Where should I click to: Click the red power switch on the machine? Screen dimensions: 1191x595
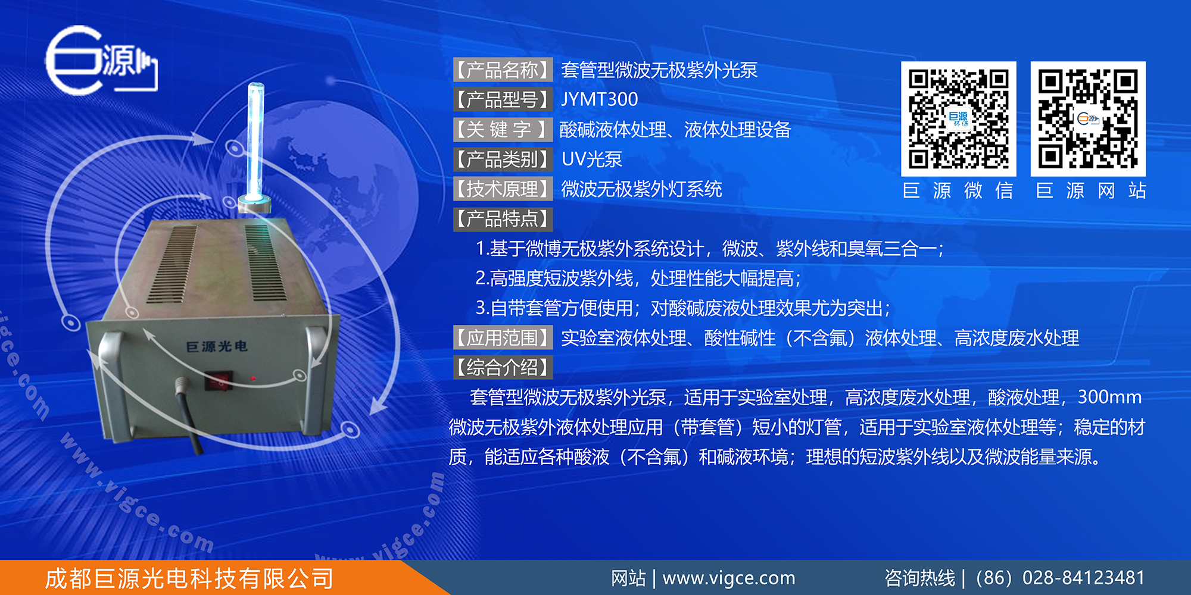pos(219,381)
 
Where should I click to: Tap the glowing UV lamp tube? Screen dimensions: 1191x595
pos(255,143)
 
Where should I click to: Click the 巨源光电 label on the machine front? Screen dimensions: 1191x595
pos(217,346)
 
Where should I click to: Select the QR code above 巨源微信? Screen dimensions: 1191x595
pos(958,118)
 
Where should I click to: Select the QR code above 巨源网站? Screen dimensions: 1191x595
pos(1088,118)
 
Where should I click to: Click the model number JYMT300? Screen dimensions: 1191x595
pos(600,99)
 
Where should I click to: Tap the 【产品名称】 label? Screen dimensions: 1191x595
pos(503,70)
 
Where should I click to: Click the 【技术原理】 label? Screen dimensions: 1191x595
pos(503,189)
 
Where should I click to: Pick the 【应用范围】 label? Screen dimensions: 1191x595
pos(503,338)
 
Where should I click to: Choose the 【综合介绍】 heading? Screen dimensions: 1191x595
pos(503,368)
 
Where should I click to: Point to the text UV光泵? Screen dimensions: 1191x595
pos(592,159)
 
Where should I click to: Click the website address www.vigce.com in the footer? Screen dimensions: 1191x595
pos(729,578)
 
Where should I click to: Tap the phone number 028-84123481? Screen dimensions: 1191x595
pos(1083,578)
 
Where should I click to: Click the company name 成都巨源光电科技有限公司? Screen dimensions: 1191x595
pos(189,578)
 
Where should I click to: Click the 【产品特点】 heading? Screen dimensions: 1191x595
pos(503,219)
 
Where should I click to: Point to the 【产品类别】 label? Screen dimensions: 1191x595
pos(503,159)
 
